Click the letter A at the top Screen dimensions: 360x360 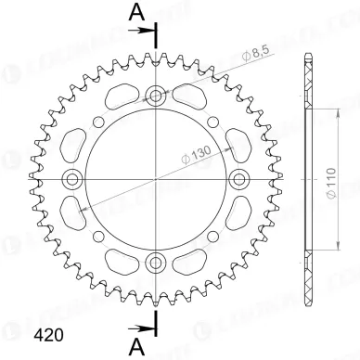[136, 12]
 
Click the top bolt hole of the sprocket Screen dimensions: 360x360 [155, 94]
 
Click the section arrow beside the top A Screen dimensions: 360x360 [144, 31]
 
